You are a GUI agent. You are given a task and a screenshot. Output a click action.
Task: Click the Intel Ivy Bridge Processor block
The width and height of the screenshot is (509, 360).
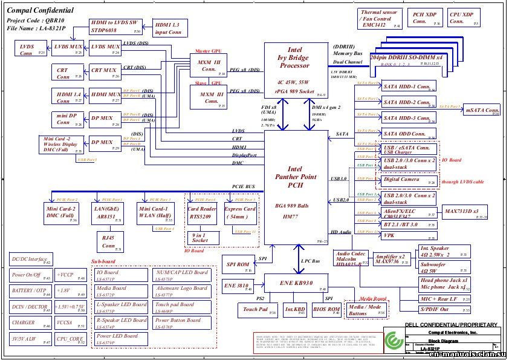(295, 70)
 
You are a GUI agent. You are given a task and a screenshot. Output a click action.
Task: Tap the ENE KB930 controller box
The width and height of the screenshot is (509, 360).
(295, 283)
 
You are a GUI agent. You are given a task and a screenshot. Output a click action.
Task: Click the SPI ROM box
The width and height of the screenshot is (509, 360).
(238, 264)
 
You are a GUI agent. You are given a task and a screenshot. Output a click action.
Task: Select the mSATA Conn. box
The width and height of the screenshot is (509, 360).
(482, 110)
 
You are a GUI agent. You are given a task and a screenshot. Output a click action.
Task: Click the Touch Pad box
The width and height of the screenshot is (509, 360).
(255, 310)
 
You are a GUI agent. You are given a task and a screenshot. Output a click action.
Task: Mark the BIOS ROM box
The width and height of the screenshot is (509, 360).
(326, 310)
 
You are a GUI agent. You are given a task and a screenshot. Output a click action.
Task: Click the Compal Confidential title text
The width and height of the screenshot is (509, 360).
(41, 10)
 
